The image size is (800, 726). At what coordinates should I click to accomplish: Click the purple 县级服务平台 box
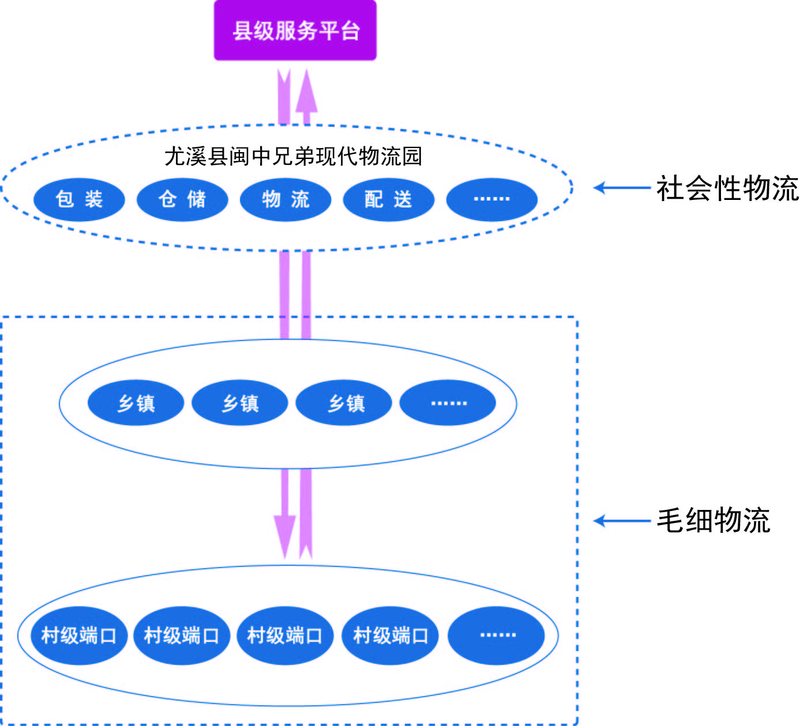click(295, 31)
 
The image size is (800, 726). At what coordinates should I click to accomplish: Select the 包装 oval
click(79, 199)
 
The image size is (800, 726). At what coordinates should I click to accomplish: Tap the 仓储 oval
click(182, 199)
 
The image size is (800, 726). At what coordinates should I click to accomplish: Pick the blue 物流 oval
click(286, 199)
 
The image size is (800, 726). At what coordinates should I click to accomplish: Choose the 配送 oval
click(388, 199)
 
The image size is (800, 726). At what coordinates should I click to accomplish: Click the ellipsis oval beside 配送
click(491, 199)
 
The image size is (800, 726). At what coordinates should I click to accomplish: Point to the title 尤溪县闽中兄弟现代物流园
click(293, 156)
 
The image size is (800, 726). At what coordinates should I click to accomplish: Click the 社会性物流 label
click(727, 188)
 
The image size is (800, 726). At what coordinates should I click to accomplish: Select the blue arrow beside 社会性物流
click(622, 188)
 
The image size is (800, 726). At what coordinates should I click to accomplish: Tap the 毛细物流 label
click(713, 521)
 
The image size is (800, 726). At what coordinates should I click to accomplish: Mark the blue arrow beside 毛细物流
click(622, 521)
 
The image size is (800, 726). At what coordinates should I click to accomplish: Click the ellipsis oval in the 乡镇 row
click(448, 403)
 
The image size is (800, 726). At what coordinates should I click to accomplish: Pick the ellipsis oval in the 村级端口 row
click(496, 635)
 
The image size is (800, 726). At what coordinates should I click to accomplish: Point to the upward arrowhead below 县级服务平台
click(306, 92)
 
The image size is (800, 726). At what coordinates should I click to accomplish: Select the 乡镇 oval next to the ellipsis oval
click(344, 403)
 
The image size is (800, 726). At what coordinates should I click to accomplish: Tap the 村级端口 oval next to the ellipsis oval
click(390, 635)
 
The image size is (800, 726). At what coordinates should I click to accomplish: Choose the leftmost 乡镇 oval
click(136, 403)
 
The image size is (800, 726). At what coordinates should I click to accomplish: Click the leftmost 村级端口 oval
click(79, 635)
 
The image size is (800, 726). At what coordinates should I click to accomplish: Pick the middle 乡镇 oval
click(239, 403)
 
